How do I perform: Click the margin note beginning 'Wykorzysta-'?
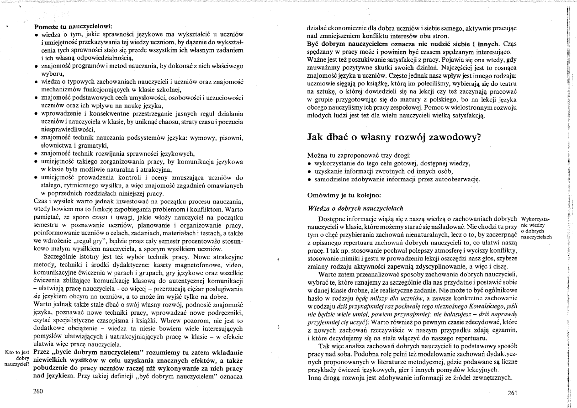coord(536,228)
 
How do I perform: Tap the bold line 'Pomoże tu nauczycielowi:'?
coord(73,26)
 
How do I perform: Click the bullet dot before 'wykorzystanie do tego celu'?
coord(310,164)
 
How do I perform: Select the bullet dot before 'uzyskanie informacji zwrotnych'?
coord(310,171)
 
